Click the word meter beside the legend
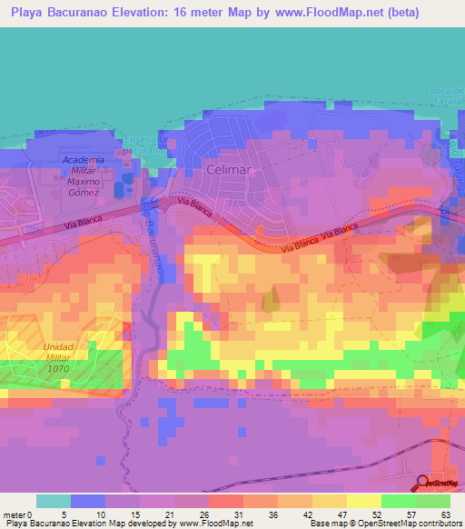pos(15,514)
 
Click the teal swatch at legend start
pos(53,501)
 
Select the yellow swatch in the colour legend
pos(363,501)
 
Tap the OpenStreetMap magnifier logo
pos(424,483)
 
